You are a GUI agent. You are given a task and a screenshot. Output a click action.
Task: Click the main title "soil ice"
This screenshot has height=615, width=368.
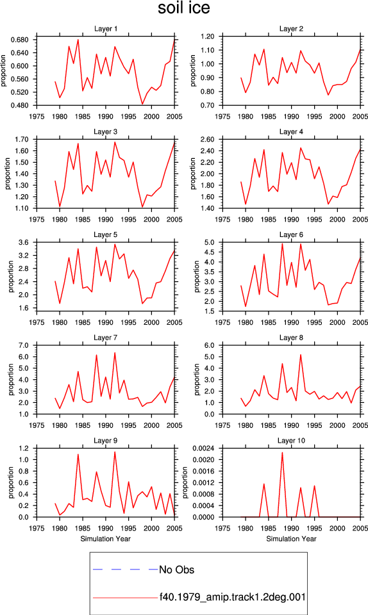tap(183, 8)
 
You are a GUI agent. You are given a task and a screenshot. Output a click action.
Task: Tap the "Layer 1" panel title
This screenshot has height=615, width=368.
tap(106, 29)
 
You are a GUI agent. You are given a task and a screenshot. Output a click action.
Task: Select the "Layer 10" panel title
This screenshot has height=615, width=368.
tap(291, 441)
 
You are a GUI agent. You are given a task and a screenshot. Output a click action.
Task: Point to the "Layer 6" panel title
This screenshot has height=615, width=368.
tap(291, 235)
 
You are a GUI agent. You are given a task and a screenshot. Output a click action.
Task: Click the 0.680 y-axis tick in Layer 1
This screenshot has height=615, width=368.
tap(21, 40)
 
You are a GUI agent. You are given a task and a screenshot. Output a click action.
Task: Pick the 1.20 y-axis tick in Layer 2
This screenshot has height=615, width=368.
tap(207, 37)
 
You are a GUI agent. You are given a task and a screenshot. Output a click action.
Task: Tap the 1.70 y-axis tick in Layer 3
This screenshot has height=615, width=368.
tap(22, 139)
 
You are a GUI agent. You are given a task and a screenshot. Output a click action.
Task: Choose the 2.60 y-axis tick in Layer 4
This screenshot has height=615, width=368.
tap(207, 139)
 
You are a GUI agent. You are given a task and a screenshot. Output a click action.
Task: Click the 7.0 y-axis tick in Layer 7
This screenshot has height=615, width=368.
tap(24, 345)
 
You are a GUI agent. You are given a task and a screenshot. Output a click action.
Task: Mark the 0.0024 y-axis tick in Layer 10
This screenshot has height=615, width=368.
tap(203, 448)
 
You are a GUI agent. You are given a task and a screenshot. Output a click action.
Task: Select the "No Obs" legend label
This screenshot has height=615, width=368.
tap(176, 570)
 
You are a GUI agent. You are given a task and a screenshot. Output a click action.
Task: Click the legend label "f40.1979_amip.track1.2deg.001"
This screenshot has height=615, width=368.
tap(232, 597)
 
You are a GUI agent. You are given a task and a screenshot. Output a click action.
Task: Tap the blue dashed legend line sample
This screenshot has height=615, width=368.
tap(125, 569)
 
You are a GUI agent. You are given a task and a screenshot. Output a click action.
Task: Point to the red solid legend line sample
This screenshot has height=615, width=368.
tap(125, 598)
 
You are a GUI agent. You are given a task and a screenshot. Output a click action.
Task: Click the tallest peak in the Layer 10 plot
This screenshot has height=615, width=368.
tap(282, 453)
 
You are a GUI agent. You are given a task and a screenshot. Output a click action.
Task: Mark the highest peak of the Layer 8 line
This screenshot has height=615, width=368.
tap(301, 354)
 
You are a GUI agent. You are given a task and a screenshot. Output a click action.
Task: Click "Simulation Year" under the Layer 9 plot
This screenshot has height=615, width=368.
tap(106, 539)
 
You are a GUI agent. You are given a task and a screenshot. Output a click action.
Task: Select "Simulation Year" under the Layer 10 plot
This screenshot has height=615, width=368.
tap(291, 539)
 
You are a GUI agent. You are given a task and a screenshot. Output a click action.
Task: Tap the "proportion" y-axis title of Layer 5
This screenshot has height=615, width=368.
tap(11, 277)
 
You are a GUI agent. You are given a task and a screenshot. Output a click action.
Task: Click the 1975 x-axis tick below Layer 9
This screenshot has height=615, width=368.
tap(37, 529)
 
